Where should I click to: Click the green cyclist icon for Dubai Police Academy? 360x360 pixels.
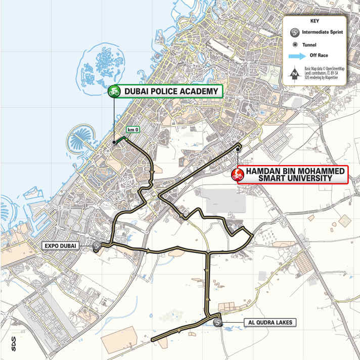[x=114, y=91]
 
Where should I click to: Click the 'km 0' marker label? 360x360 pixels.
[x=133, y=129]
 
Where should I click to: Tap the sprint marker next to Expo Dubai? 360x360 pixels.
[x=97, y=246]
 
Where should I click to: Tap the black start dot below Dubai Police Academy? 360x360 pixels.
[x=114, y=143]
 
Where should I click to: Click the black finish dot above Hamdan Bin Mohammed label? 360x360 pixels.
[x=237, y=148]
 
